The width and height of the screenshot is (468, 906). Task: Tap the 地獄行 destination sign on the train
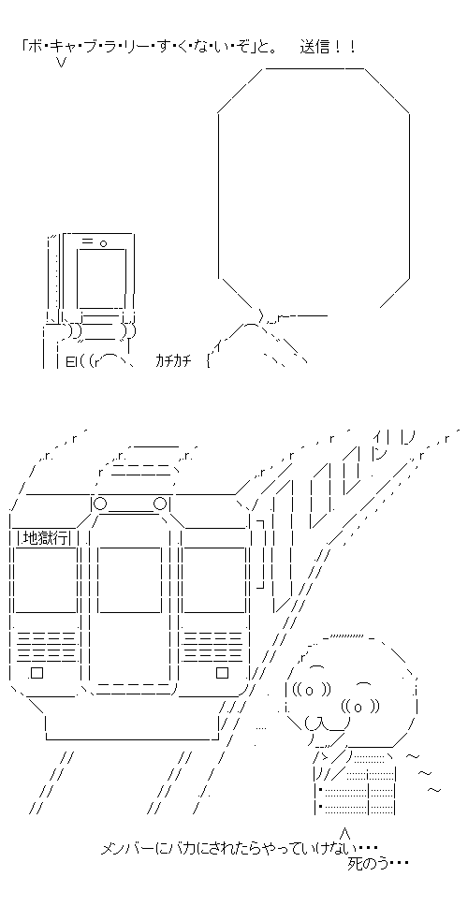(x=45, y=538)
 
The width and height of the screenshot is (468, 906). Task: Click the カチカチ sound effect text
(x=176, y=361)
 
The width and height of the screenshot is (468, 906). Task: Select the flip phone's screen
(x=102, y=278)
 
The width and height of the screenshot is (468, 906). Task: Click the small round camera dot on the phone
(x=103, y=242)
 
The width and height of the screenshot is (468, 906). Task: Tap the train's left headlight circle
(x=100, y=504)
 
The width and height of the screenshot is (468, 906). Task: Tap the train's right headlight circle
(x=160, y=504)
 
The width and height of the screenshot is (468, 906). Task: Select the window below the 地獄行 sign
(x=46, y=579)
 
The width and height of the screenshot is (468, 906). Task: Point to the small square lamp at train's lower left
(x=37, y=673)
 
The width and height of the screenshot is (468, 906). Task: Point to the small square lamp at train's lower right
(x=223, y=673)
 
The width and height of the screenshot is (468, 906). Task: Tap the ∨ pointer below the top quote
(x=61, y=63)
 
